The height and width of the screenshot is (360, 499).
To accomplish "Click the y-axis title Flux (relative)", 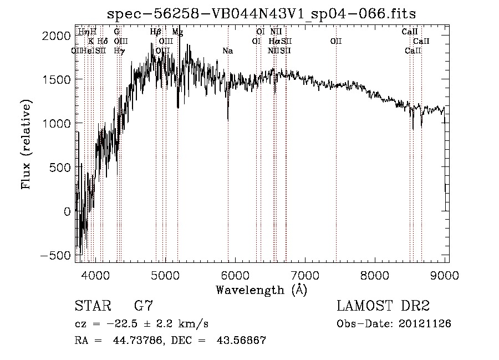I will click(x=26, y=144).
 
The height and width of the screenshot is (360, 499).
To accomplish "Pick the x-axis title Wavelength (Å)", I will click(x=261, y=290).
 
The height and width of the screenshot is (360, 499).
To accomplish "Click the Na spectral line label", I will click(x=227, y=51).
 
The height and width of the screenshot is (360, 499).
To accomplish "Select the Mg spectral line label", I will click(x=177, y=32).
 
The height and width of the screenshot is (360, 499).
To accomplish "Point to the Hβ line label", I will click(x=156, y=32).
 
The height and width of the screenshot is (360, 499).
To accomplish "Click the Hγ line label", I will click(x=119, y=51).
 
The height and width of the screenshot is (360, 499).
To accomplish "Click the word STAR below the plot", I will click(x=92, y=306).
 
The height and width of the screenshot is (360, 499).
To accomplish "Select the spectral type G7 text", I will click(x=143, y=306).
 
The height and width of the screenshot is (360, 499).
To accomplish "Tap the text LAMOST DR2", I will click(x=383, y=306).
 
